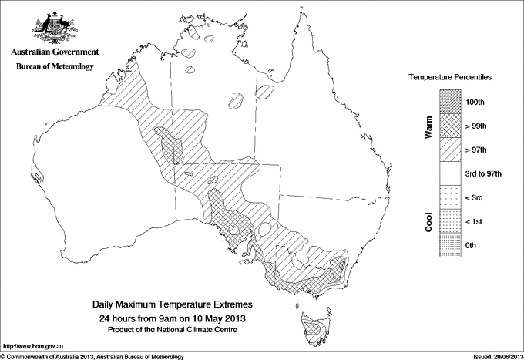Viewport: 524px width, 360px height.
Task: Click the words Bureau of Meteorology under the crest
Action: (x=54, y=67)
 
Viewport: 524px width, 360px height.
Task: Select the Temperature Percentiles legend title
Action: (x=450, y=79)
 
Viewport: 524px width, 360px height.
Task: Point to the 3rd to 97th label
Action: (x=484, y=173)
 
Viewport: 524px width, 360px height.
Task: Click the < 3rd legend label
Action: (x=476, y=198)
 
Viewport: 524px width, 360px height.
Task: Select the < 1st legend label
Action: (x=476, y=222)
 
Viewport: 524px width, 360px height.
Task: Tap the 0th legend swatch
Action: (x=451, y=245)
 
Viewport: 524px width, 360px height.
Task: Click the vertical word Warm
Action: (x=428, y=126)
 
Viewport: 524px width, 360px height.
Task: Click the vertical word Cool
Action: (x=428, y=222)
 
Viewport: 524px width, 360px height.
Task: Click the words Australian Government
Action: (x=54, y=52)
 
